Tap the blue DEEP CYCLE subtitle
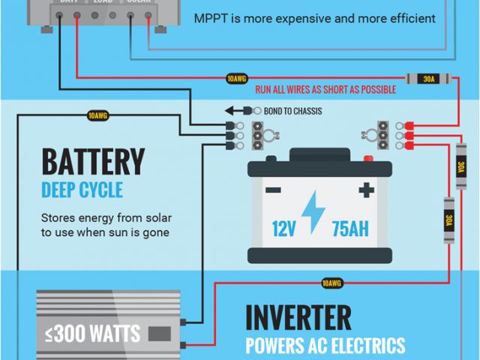[82, 189]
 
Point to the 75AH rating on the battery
[350, 228]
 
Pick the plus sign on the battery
[366, 190]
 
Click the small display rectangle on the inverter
[159, 333]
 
